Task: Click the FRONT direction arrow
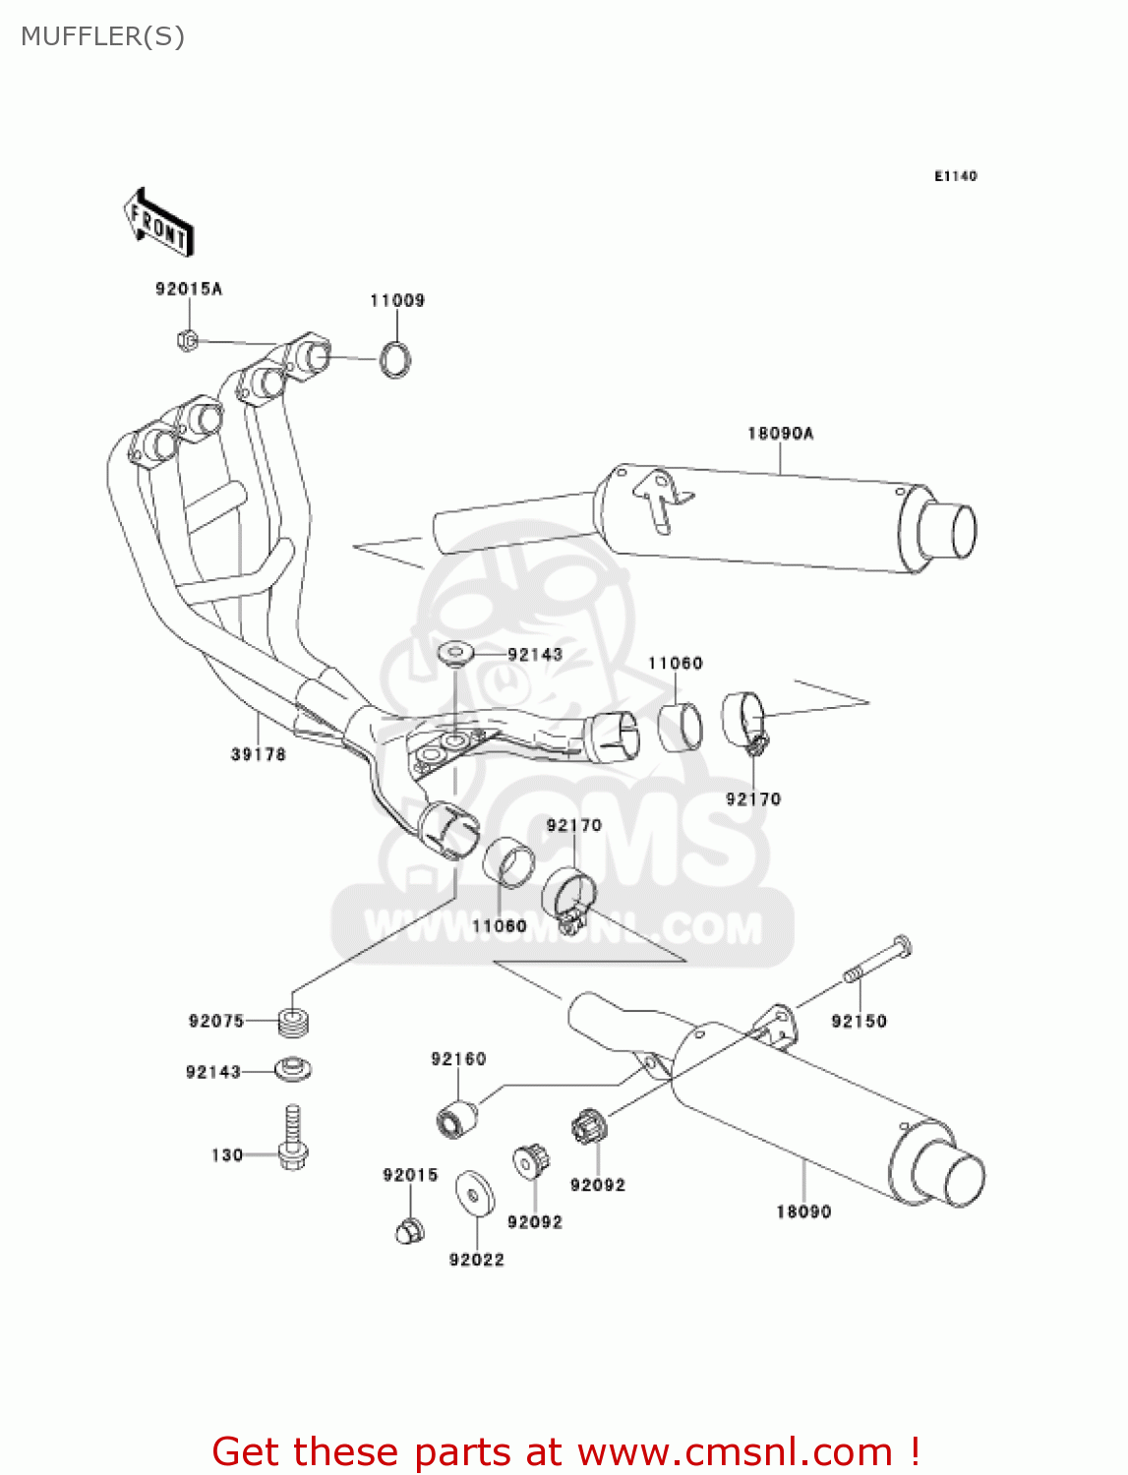tap(158, 223)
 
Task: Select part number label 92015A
tap(189, 289)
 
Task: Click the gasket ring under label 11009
tap(395, 359)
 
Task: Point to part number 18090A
tap(780, 434)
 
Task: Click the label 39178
tap(258, 754)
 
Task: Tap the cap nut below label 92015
tap(410, 1229)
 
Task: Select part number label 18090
tap(803, 1212)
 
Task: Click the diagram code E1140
tap(955, 176)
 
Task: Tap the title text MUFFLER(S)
tap(102, 36)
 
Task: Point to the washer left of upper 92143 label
tap(455, 653)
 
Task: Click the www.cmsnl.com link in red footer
tap(735, 1452)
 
